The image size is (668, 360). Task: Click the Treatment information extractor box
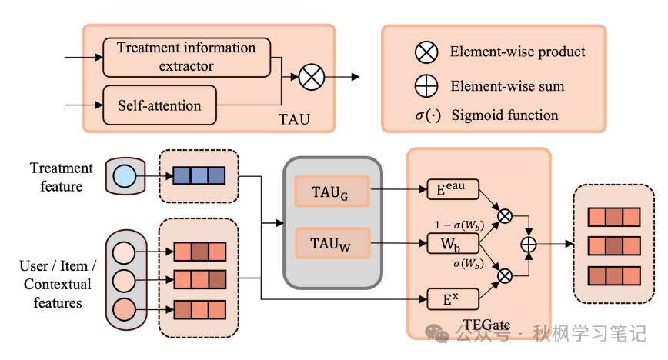186,57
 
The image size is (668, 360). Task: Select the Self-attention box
160,105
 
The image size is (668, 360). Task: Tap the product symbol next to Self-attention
313,77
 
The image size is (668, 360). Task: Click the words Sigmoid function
515,115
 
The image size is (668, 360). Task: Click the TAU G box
332,192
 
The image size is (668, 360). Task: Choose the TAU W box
332,244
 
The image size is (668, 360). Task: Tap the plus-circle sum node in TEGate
529,244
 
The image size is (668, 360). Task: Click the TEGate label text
487,325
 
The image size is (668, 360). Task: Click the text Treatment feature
62,177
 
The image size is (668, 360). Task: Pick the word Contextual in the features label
57,284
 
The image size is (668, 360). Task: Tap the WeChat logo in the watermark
439,333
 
